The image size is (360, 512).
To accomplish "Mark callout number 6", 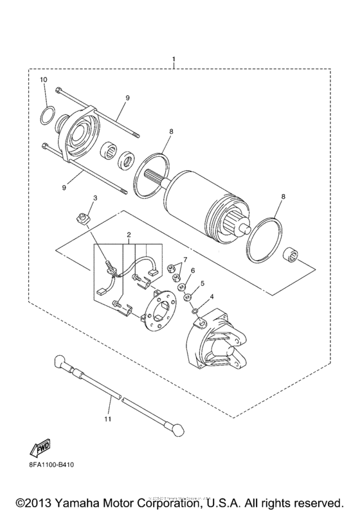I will coord(192,270).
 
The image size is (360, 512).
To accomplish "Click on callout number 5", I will coord(203,283).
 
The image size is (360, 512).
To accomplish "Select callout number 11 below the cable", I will coord(109,419).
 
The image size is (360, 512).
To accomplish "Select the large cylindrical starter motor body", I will coord(206,202).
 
